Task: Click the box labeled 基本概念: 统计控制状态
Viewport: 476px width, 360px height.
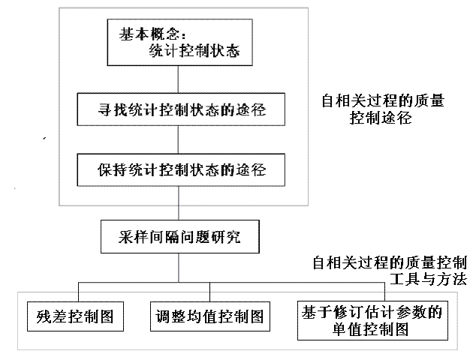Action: pyautogui.click(x=179, y=43)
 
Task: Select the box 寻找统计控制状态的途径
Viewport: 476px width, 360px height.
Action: pyautogui.click(x=181, y=109)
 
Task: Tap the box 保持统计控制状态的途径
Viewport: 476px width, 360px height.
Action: pyautogui.click(x=181, y=169)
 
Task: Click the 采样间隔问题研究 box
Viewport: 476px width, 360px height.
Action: pyautogui.click(x=180, y=236)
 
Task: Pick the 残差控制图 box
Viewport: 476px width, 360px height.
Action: pyautogui.click(x=75, y=316)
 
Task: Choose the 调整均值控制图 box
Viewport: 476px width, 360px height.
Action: pyautogui.click(x=210, y=316)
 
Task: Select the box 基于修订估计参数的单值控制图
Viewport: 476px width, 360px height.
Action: pyautogui.click(x=372, y=320)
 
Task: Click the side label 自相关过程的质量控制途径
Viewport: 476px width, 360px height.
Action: pyautogui.click(x=382, y=109)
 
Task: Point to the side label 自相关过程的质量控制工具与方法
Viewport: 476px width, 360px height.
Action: pyautogui.click(x=390, y=271)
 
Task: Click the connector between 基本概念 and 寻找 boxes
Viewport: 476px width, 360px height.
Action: pyautogui.click(x=178, y=79)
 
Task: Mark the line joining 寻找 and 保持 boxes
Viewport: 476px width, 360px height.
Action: pyautogui.click(x=178, y=139)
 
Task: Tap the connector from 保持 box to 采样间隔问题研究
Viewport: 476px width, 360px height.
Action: pyautogui.click(x=179, y=203)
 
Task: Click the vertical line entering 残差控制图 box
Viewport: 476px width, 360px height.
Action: pyautogui.click(x=78, y=292)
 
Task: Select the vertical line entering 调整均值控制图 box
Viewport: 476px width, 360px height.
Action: pyautogui.click(x=209, y=292)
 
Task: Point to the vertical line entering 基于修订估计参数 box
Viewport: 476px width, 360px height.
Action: pyautogui.click(x=384, y=292)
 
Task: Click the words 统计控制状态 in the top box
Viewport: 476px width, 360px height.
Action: pyautogui.click(x=194, y=50)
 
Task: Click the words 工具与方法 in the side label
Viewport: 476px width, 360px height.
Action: pyautogui.click(x=428, y=279)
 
